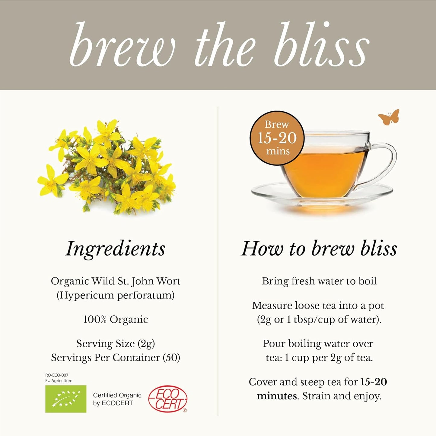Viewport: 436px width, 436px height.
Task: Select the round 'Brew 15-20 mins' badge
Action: click(x=277, y=138)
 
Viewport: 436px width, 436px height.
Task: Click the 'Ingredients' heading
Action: click(x=115, y=249)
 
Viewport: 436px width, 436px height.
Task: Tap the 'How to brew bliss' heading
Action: click(x=319, y=249)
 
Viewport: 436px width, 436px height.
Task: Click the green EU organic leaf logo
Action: click(x=66, y=399)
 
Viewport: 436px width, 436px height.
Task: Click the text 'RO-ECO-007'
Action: click(x=57, y=375)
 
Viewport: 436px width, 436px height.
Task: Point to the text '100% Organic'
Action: click(x=116, y=319)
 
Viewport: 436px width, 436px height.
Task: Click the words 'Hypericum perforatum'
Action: click(x=116, y=295)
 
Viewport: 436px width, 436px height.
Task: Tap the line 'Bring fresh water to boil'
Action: click(x=319, y=281)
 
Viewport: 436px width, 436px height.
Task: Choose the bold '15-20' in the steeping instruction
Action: click(x=374, y=382)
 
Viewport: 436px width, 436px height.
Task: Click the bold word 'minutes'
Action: click(x=277, y=396)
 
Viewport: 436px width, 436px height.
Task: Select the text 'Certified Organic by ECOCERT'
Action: click(x=117, y=399)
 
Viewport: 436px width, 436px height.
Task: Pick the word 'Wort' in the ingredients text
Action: click(x=168, y=281)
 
